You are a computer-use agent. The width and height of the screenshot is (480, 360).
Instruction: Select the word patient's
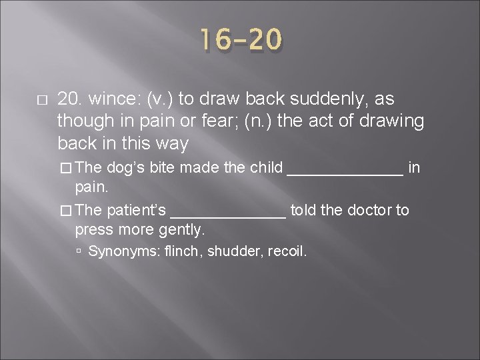136,211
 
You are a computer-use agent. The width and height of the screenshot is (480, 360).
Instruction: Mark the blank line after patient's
229,213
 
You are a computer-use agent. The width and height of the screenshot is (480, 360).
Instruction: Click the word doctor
371,211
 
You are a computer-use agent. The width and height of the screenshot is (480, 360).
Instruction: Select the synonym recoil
285,252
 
